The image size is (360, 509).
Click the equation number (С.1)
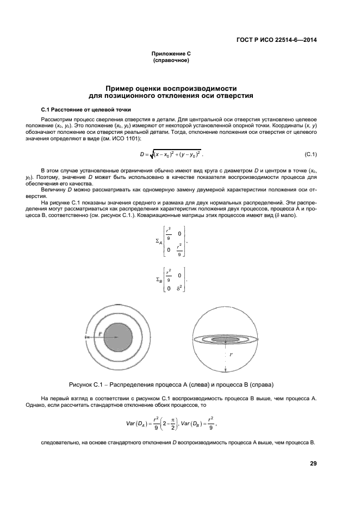pos(308,154)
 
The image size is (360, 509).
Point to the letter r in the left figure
pos(100,333)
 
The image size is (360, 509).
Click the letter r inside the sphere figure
pos(231,354)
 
